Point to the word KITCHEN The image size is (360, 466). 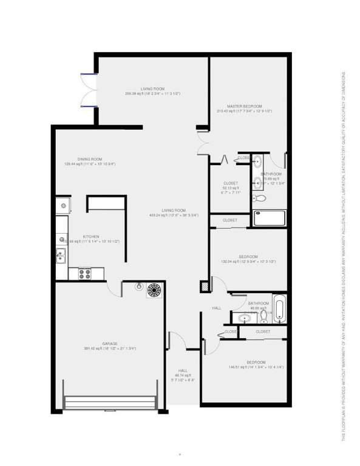pyautogui.click(x=91, y=237)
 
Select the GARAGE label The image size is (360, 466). pyautogui.click(x=109, y=343)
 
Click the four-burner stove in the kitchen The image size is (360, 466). pyautogui.click(x=84, y=274)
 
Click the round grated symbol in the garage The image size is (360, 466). pyautogui.click(x=154, y=290)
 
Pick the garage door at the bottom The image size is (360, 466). pyautogui.click(x=110, y=403)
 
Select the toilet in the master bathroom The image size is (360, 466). pyautogui.click(x=259, y=198)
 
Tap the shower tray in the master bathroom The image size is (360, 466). pyautogui.click(x=269, y=218)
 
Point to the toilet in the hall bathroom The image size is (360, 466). pyautogui.click(x=262, y=316)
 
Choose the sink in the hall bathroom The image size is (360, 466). pyautogui.click(x=244, y=317)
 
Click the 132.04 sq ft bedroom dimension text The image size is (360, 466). pyautogui.click(x=248, y=262)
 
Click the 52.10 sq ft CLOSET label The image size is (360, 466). pyautogui.click(x=231, y=187)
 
